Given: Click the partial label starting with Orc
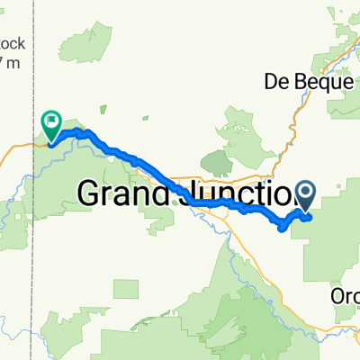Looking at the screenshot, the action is [x=346, y=296].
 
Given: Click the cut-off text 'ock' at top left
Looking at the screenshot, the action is [x=11, y=45].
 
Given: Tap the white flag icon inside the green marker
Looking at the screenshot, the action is [x=51, y=118].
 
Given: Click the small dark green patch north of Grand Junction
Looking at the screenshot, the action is [x=217, y=162].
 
